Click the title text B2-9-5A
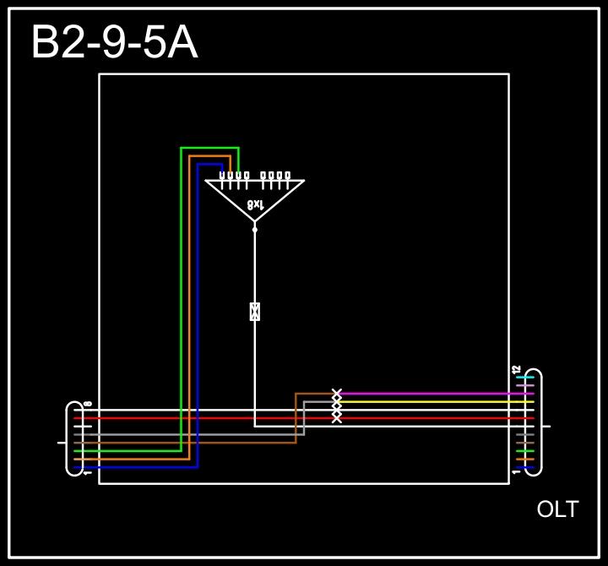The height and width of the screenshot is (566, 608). coord(114,42)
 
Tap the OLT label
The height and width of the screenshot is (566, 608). coord(557,509)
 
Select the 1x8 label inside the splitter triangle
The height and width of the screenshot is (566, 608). coord(255,204)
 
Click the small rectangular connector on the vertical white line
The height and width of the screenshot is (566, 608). coord(254,311)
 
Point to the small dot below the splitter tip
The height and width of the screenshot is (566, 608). coord(254,229)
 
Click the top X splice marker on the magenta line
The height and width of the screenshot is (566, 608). coord(337,394)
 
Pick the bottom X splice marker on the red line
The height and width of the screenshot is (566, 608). coord(337,418)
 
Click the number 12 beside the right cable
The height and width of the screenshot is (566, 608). coord(516,370)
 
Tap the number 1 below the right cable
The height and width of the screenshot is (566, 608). coord(516,471)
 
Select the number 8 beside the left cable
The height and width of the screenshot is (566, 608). coord(88,405)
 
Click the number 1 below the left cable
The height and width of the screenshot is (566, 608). coord(88,472)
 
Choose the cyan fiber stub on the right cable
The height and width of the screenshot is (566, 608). coord(524,378)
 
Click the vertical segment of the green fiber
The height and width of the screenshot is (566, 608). coord(181,296)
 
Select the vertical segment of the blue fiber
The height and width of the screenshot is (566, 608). coord(198,313)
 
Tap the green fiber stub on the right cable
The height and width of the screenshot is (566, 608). coord(524,451)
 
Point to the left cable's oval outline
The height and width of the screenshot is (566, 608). coord(68,439)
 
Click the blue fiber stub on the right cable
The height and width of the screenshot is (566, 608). coord(524,467)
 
